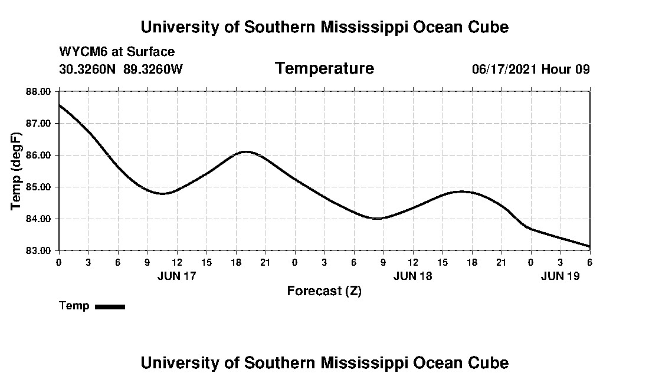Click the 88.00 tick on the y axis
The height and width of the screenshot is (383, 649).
(x=39, y=91)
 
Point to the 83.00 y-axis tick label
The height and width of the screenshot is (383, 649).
(x=39, y=250)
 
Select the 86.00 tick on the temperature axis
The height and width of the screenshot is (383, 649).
(x=39, y=155)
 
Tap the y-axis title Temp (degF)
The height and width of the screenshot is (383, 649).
(x=17, y=171)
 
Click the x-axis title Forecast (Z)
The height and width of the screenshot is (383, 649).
(x=324, y=291)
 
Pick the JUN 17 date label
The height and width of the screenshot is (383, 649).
(x=176, y=276)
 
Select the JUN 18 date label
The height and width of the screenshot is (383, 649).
(x=412, y=276)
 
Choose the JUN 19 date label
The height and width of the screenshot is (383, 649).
(x=560, y=276)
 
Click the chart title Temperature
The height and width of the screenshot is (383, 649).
(x=324, y=68)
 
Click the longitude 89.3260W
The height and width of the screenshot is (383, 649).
(x=153, y=69)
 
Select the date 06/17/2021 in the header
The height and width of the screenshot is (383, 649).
(x=504, y=69)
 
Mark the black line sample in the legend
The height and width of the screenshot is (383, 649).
(x=110, y=306)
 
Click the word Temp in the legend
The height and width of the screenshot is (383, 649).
(x=74, y=306)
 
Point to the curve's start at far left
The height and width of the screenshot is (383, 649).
(x=59, y=105)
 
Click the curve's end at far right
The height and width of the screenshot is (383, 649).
(x=589, y=246)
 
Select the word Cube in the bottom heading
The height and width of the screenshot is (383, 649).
(x=492, y=362)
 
